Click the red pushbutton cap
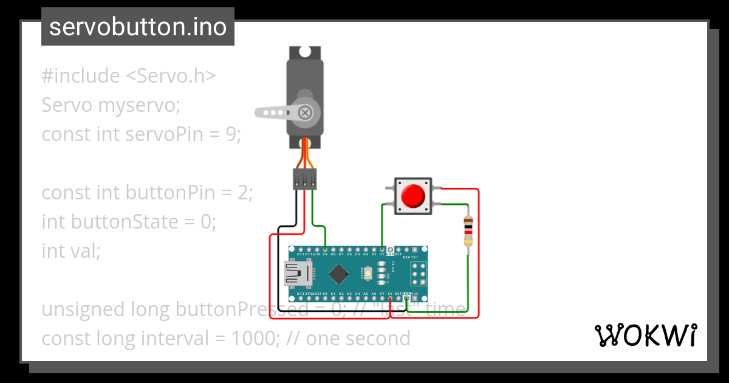414,195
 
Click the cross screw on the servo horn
306,112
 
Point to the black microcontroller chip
338,274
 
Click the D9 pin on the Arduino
326,250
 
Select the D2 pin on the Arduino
382,250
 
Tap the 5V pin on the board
390,298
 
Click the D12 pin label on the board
301,254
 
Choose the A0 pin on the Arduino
326,298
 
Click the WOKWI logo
645,336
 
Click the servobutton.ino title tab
138,27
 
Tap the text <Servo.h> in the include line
171,76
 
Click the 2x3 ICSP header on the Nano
418,274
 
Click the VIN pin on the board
414,298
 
